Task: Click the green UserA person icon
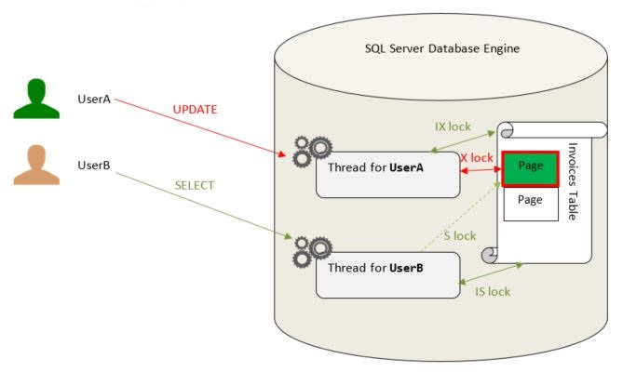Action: click(36, 100)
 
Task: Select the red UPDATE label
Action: click(195, 110)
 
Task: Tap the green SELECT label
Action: click(195, 185)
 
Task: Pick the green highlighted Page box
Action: click(530, 168)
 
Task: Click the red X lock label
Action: click(477, 158)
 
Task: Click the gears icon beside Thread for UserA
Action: click(311, 151)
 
